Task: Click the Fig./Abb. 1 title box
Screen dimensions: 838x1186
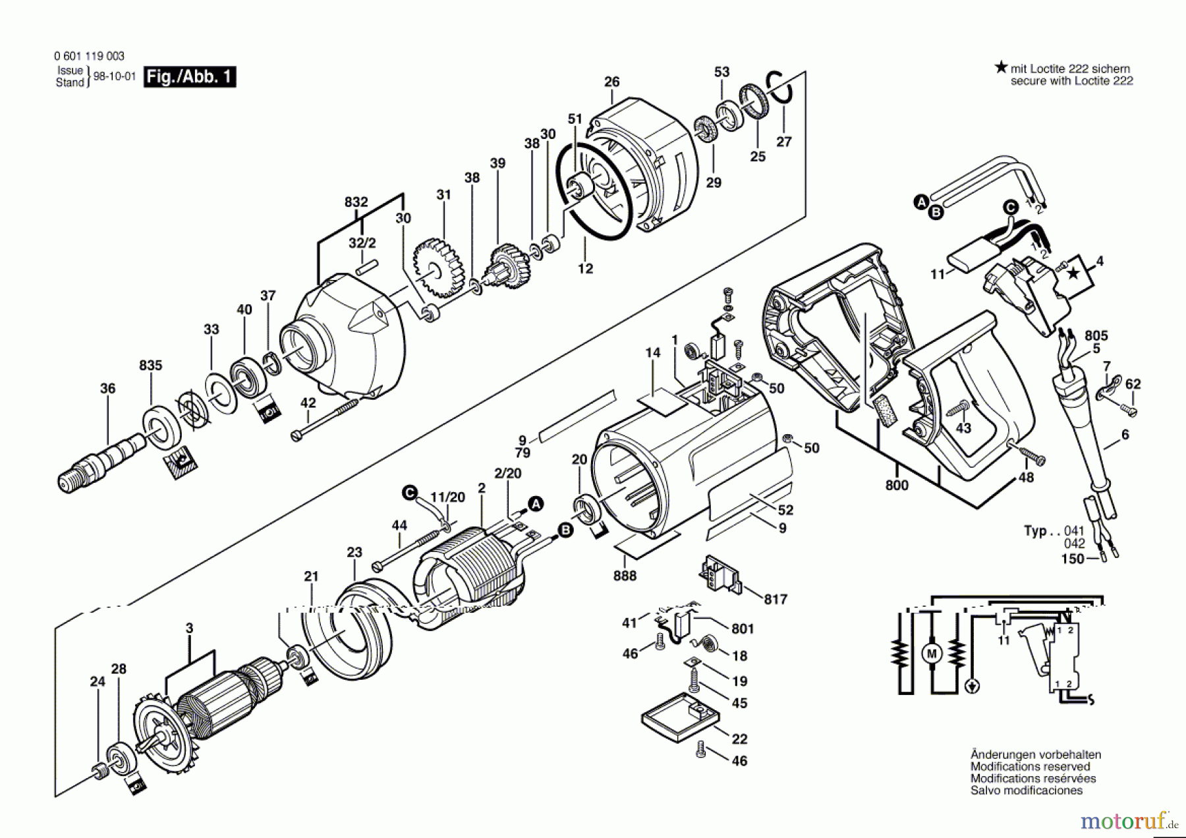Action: point(190,77)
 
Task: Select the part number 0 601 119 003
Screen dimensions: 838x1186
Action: point(89,56)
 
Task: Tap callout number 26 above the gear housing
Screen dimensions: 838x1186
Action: point(611,82)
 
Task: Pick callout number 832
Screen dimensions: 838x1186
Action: point(356,202)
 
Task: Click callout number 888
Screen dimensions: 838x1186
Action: point(625,576)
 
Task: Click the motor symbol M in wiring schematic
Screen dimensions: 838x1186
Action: point(932,654)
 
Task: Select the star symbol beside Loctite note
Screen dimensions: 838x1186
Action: point(1001,67)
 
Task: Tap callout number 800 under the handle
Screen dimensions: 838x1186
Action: point(897,486)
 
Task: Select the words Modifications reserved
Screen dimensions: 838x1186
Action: point(1030,767)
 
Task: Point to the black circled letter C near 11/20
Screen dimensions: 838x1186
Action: point(410,492)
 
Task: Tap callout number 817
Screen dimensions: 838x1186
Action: point(776,599)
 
